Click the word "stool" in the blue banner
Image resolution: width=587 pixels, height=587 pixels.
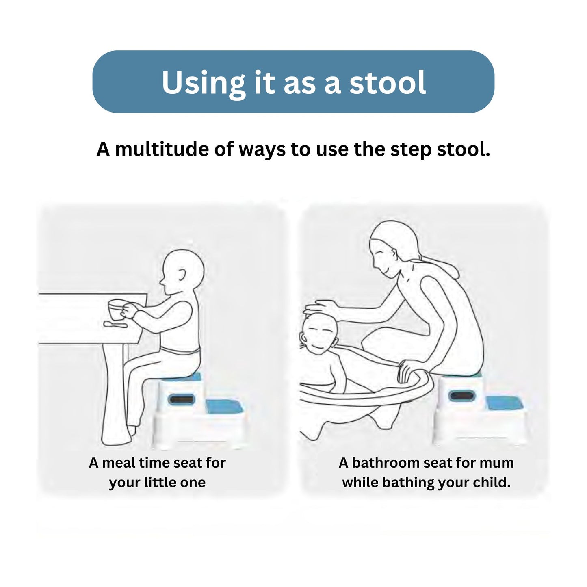point(388,82)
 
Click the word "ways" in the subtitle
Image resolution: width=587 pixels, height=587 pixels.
point(262,150)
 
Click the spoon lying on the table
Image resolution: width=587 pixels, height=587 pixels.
point(115,324)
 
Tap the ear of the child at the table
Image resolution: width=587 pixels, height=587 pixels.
point(182,275)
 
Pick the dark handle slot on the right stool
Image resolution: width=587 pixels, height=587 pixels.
point(461,396)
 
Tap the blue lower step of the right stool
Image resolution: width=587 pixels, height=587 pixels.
point(504,403)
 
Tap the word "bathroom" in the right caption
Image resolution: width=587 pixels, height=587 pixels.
point(386,463)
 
